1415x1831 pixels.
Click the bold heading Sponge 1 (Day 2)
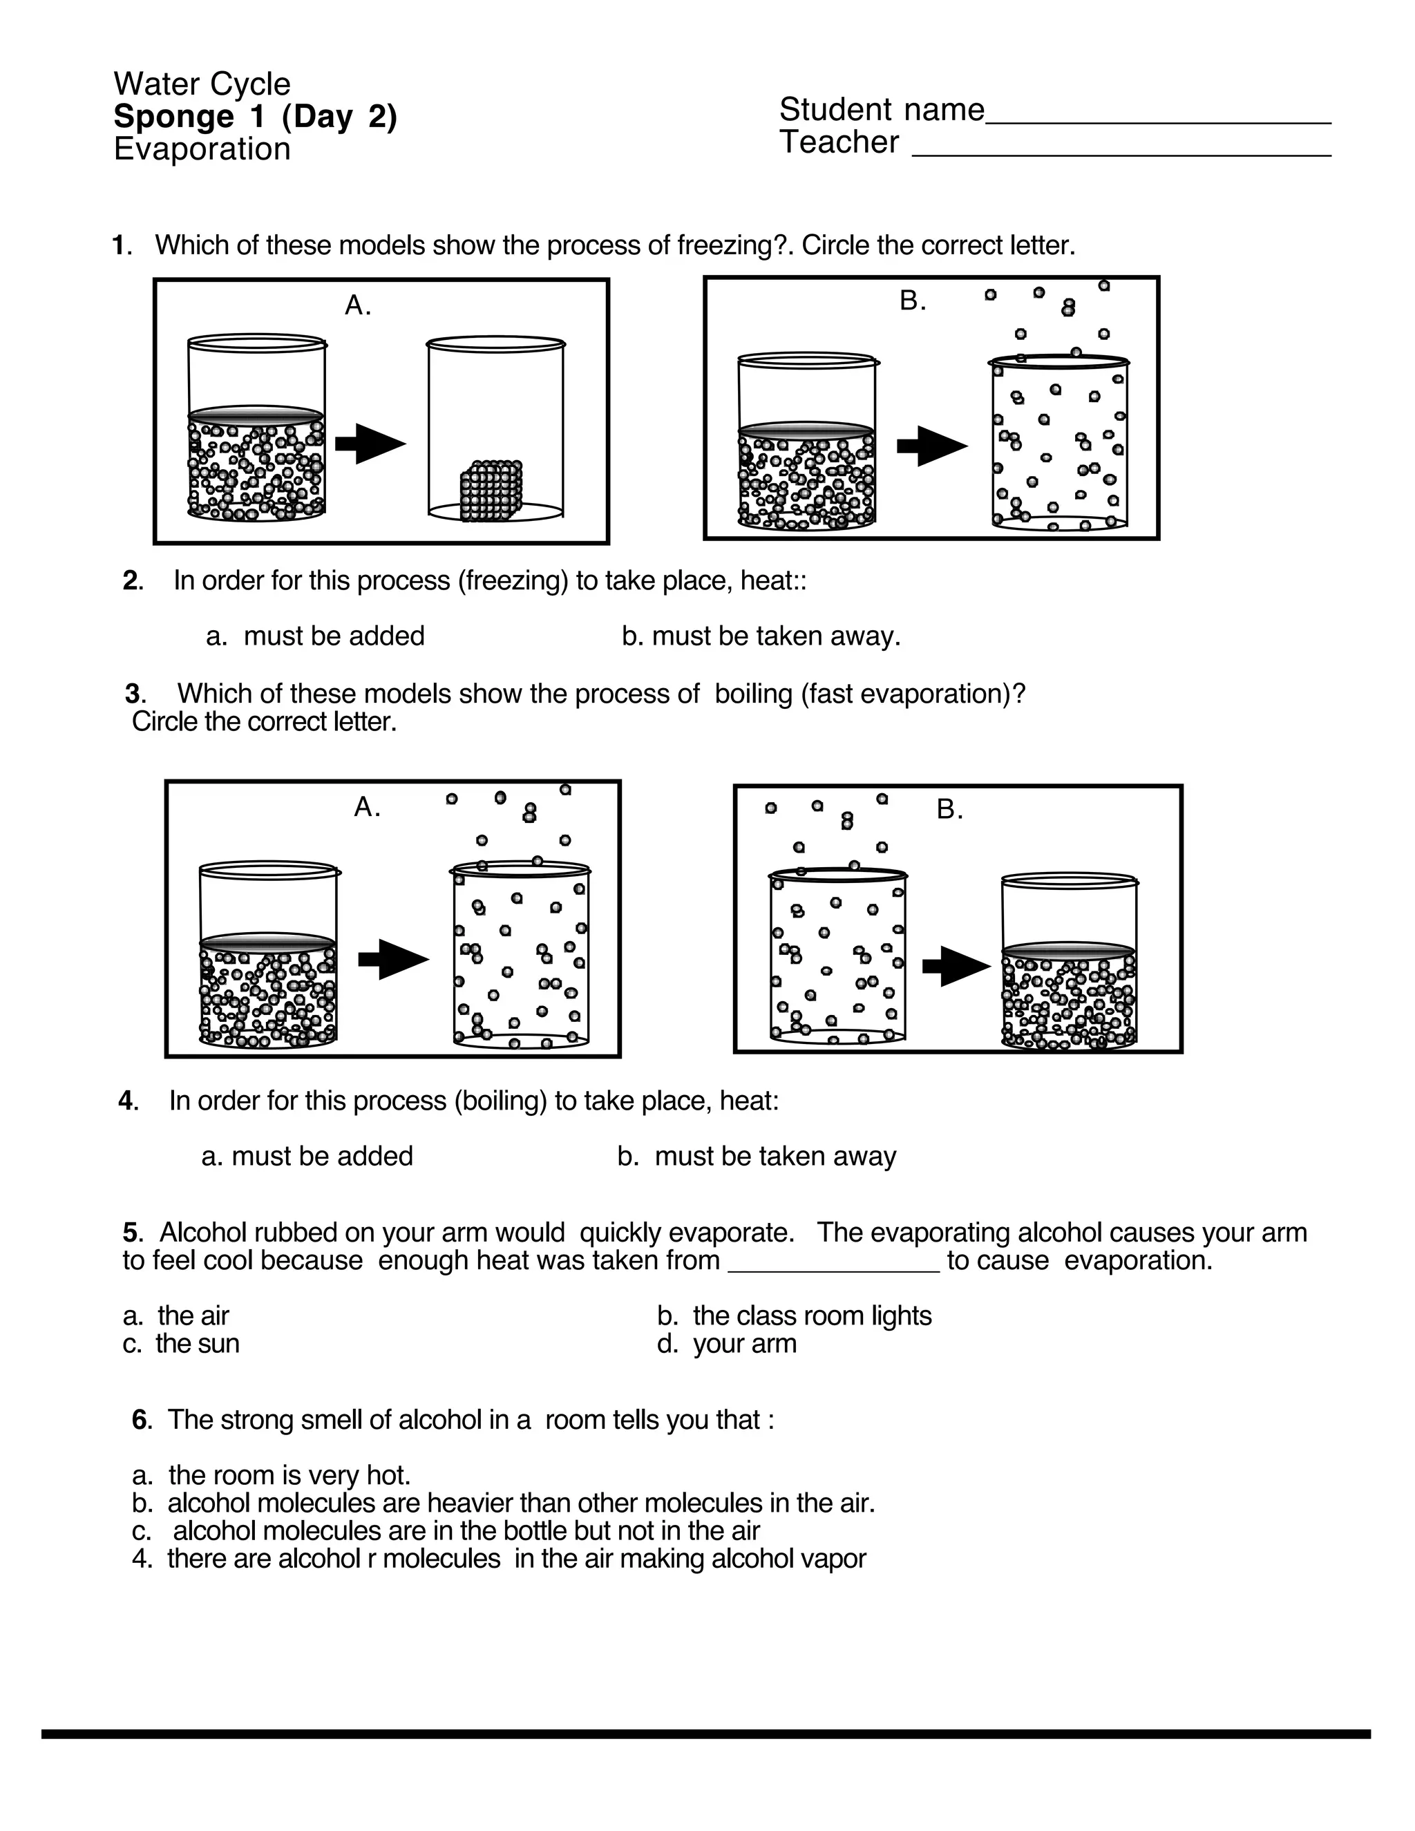tap(255, 117)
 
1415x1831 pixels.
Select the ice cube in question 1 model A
tap(491, 491)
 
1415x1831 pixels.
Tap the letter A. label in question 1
tap(358, 306)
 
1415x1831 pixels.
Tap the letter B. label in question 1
tap(913, 301)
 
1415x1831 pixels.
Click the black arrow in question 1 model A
tap(370, 444)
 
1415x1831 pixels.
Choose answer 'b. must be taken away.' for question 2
tap(761, 636)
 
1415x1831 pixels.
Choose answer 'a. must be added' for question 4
tap(307, 1156)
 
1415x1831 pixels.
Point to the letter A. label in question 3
tap(367, 807)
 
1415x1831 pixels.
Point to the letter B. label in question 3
tap(950, 810)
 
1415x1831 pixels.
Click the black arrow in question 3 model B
tap(956, 966)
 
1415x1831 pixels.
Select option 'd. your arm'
tap(727, 1344)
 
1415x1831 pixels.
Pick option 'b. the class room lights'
tap(794, 1316)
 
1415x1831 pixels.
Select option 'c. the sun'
tap(181, 1344)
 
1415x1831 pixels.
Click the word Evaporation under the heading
tap(202, 149)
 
